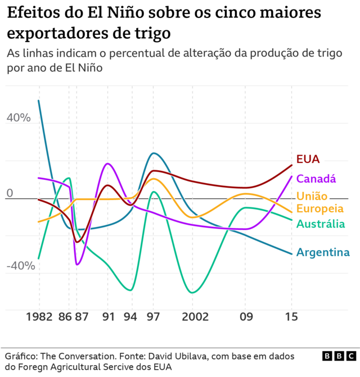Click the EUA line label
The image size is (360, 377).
(308, 159)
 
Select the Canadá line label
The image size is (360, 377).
(316, 179)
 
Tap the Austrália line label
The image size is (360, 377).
(320, 224)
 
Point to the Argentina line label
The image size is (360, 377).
(323, 252)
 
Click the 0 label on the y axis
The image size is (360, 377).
(9, 193)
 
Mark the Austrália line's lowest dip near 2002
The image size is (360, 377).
(193, 292)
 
